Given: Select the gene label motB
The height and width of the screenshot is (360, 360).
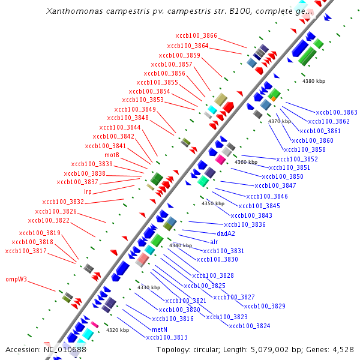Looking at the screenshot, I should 112,155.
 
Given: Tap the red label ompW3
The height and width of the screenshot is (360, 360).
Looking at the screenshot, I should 17,279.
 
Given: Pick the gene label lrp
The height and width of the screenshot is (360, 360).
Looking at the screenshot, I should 88,191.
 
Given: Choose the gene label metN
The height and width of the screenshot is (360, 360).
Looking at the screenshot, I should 159,329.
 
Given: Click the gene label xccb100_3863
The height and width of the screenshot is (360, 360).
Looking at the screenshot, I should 337,112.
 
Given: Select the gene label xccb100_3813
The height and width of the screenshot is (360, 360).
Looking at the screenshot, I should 167,337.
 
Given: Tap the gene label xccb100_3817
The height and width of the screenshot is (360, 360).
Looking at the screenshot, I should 25,251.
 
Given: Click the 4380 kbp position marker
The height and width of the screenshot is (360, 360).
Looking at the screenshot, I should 313,81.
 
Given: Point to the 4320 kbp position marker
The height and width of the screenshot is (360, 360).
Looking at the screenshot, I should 118,330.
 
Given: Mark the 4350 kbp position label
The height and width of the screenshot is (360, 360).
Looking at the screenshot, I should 212,203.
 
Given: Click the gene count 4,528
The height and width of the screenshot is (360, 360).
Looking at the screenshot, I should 341,349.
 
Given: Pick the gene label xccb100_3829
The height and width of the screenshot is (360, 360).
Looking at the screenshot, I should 265,306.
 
